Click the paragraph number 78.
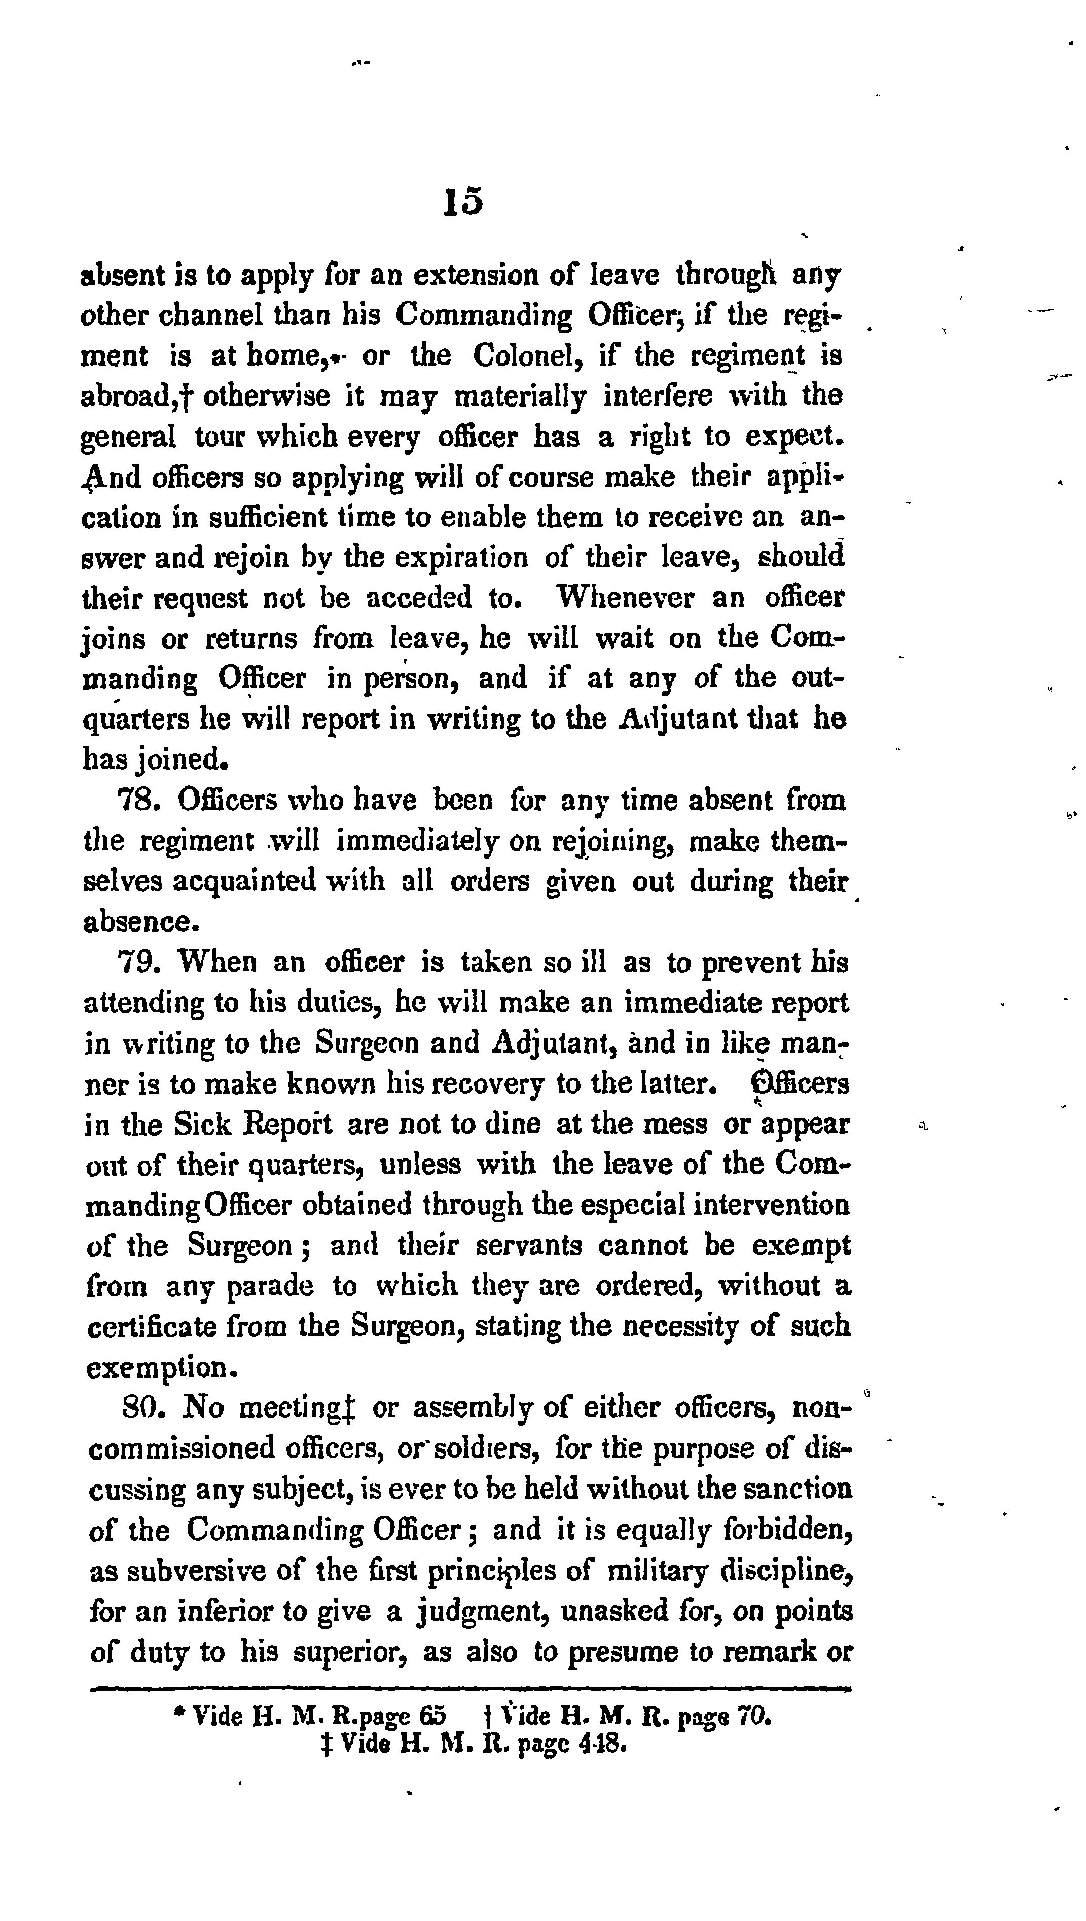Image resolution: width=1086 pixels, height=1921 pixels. coord(136,801)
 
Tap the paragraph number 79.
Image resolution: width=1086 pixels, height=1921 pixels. coord(136,963)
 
